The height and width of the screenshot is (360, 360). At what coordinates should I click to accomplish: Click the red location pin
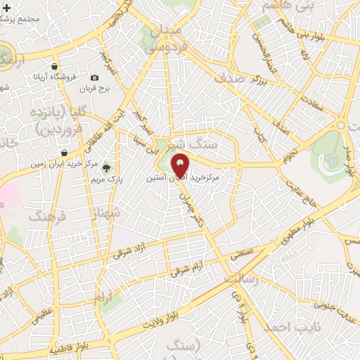point(181,166)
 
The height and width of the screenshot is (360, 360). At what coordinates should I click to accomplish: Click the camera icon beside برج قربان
point(94,78)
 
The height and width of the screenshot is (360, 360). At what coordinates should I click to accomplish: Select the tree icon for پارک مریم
point(107,167)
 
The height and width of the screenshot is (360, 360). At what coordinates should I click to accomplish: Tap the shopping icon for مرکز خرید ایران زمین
point(65,153)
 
